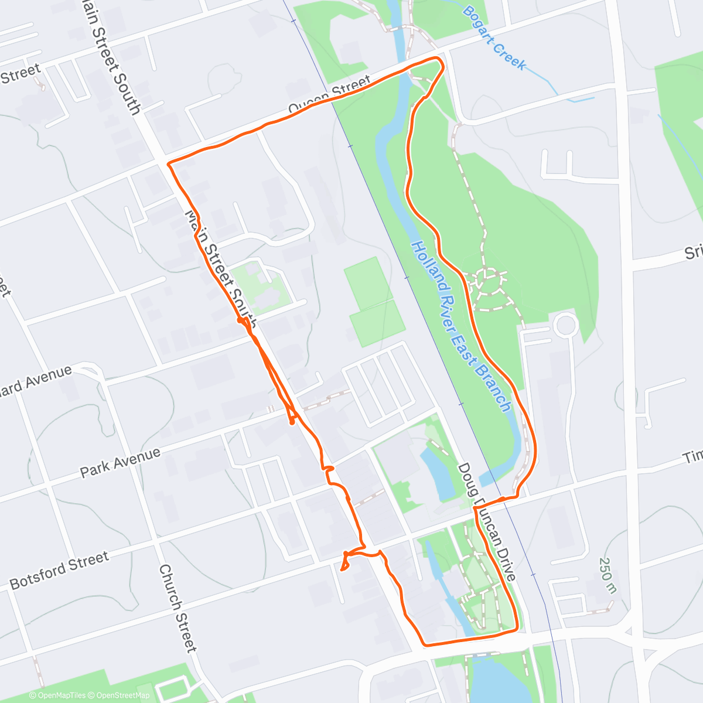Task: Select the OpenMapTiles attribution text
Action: point(57,695)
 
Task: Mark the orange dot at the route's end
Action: point(292,421)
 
